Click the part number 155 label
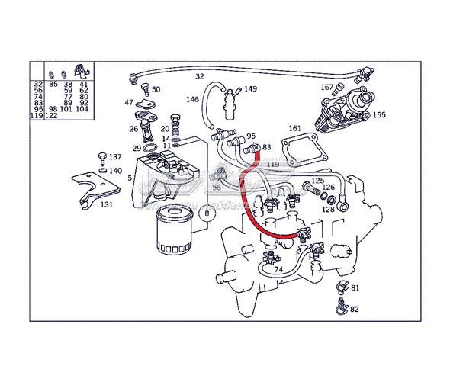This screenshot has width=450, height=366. point(379,115)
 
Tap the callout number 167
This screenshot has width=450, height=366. point(326,88)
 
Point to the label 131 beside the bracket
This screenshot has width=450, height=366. point(107,204)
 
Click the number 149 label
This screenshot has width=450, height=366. point(250,89)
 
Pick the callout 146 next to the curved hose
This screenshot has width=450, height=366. point(192,100)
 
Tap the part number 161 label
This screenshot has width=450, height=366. point(295,130)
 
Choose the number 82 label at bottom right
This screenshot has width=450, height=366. point(355,309)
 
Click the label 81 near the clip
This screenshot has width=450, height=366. point(355,287)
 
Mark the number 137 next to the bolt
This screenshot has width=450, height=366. point(114,157)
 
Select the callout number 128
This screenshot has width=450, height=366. point(327,209)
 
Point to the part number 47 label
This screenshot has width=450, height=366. point(129,102)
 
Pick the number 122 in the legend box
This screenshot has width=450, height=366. point(51,115)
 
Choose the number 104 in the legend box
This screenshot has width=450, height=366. point(82,109)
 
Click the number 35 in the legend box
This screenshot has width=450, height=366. point(53,85)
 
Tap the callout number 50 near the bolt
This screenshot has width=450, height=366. point(156,89)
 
